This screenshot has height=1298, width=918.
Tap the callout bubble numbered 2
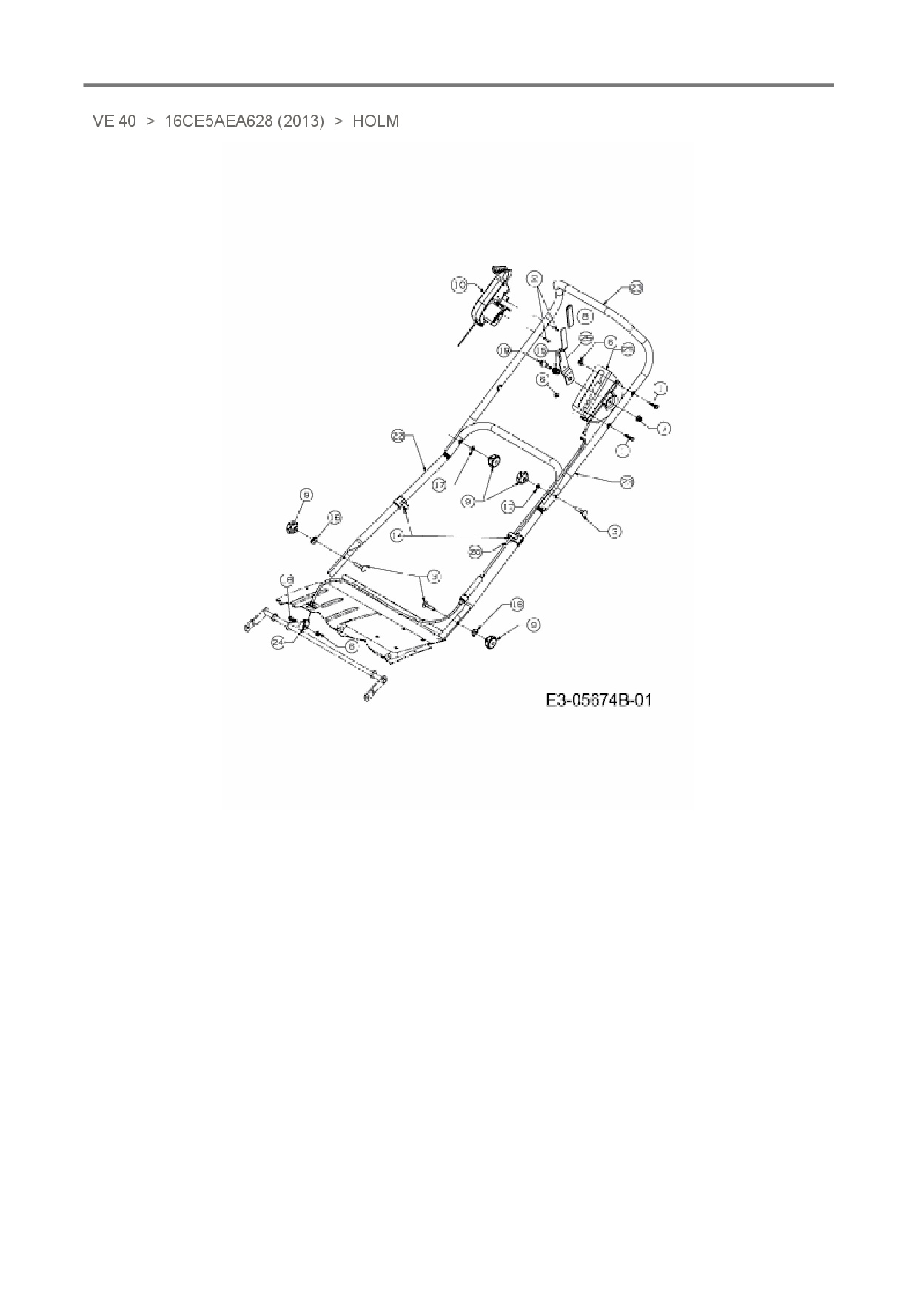[535, 278]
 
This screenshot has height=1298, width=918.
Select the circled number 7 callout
[664, 428]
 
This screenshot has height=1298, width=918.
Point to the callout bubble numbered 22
[398, 437]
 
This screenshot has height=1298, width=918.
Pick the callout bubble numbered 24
[278, 643]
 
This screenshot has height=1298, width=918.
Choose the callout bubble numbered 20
[476, 551]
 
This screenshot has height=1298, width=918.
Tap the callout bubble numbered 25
[586, 339]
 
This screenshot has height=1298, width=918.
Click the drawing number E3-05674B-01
[599, 700]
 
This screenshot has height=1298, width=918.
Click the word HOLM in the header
[375, 121]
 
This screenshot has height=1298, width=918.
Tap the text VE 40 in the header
[114, 121]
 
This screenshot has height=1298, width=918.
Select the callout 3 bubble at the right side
[614, 531]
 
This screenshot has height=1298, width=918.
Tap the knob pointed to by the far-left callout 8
[290, 527]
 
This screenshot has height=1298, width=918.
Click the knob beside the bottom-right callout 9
[489, 642]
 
